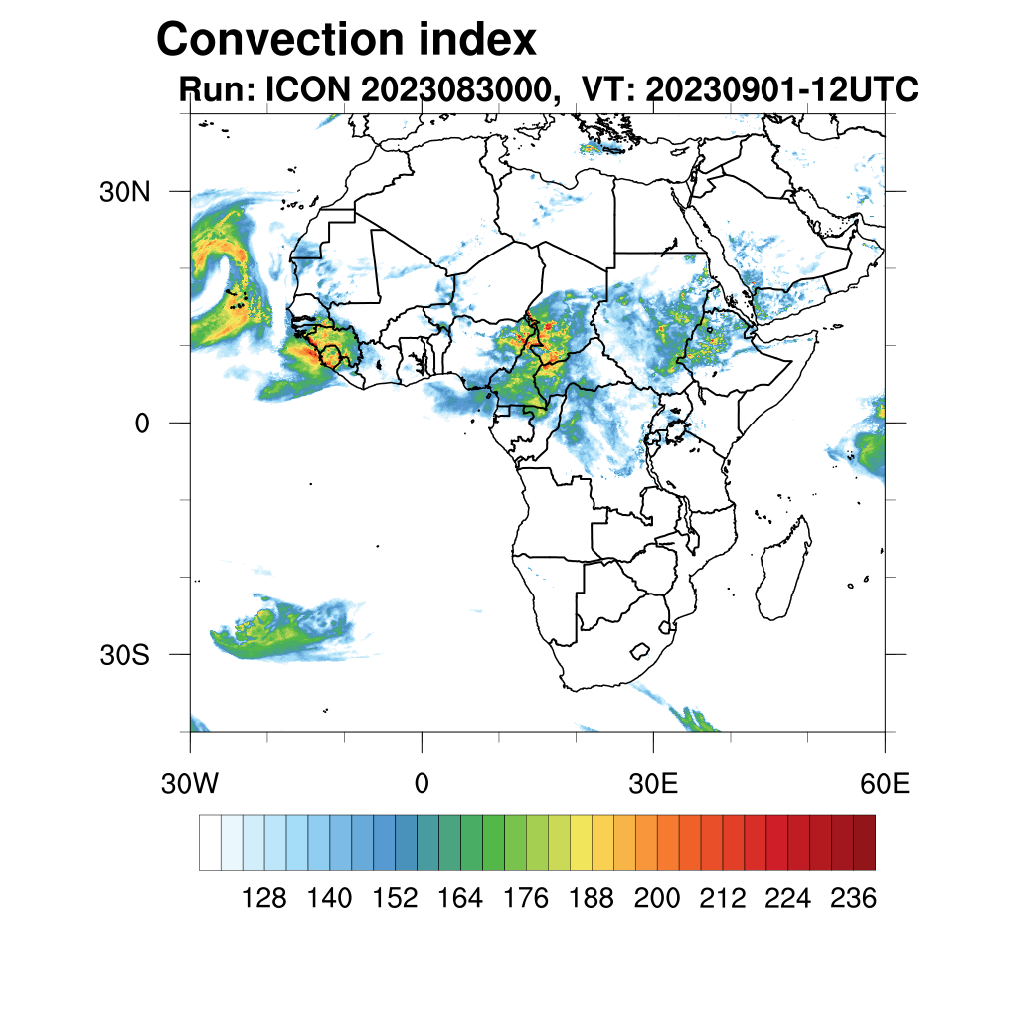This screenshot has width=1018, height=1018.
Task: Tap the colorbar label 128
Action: pyautogui.click(x=264, y=899)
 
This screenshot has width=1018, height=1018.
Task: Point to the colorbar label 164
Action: pyautogui.click(x=460, y=899)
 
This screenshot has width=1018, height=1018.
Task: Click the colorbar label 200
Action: pyautogui.click(x=657, y=899)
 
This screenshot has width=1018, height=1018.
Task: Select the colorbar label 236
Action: pyautogui.click(x=852, y=899)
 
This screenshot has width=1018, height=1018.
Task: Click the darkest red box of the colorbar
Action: pyautogui.click(x=864, y=842)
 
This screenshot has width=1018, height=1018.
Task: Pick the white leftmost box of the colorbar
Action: pyautogui.click(x=210, y=842)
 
